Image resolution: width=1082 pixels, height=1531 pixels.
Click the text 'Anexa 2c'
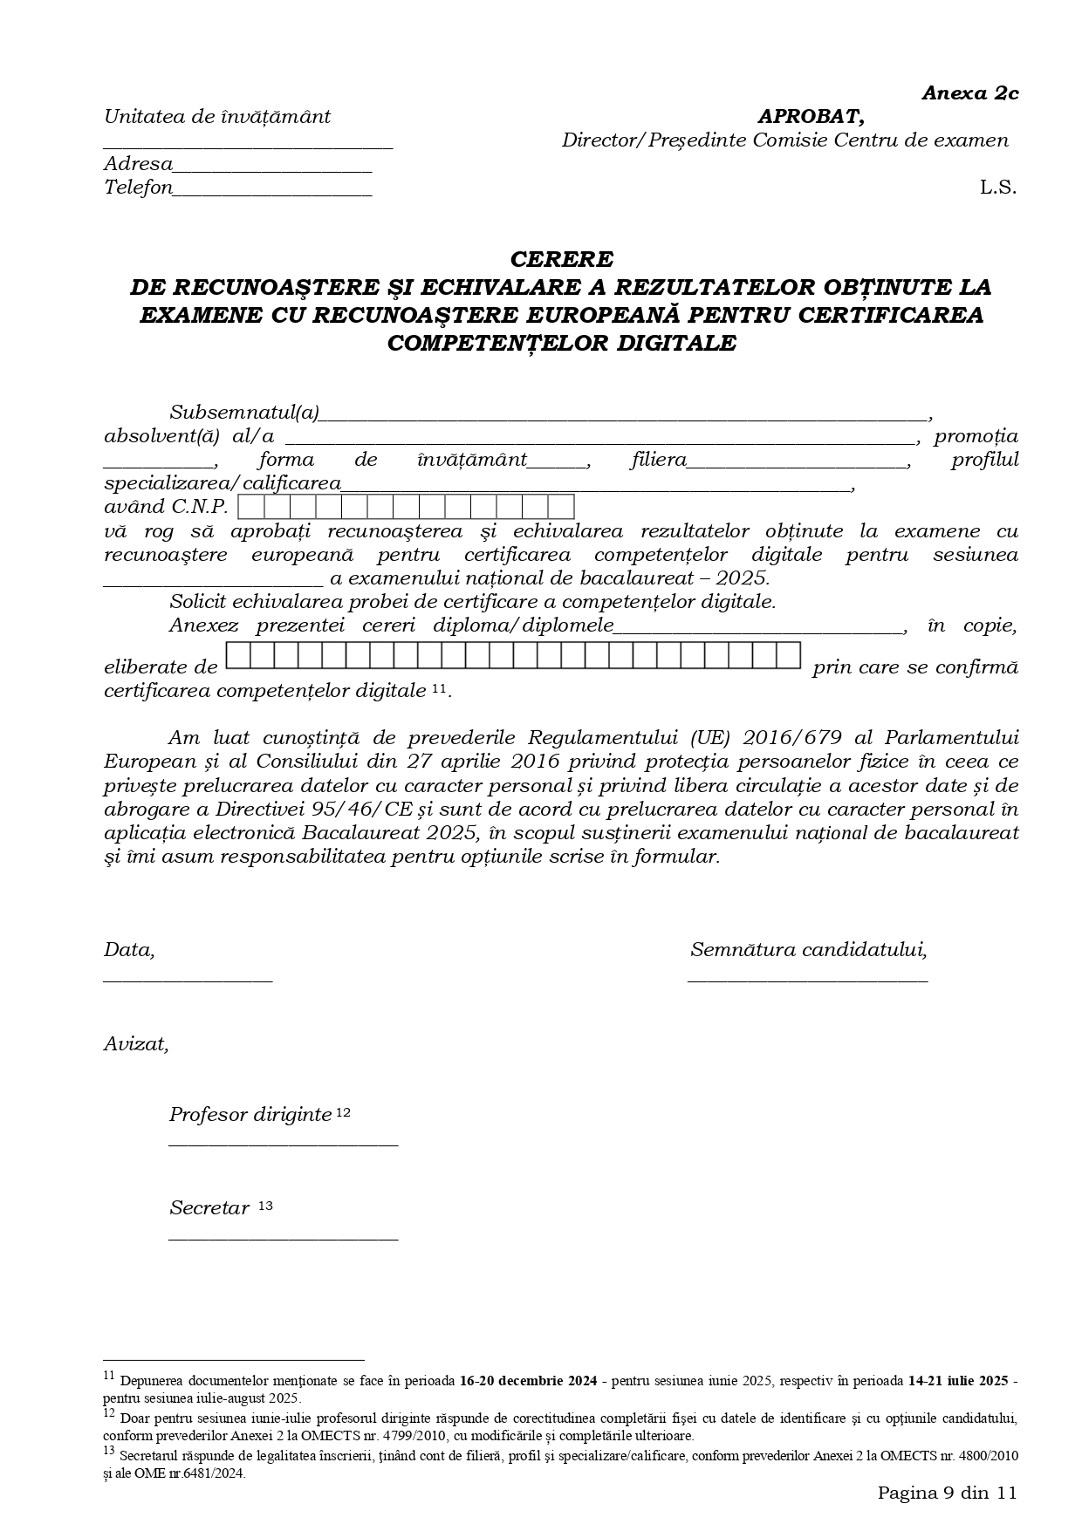969,93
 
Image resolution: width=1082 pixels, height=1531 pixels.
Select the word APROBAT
810,116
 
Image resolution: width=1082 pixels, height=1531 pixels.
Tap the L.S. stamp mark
997,187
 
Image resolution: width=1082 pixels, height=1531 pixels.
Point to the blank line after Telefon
272,195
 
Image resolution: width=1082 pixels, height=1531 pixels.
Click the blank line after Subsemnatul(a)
623,419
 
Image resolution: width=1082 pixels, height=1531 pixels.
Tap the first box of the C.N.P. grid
250,507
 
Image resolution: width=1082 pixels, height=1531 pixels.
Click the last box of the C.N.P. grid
561,507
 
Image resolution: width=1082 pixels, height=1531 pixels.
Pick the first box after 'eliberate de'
238,655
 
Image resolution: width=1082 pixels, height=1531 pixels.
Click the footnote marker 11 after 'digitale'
439,689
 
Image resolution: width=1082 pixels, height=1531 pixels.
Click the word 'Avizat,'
136,1043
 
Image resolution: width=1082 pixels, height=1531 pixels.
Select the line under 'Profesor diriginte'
283,1144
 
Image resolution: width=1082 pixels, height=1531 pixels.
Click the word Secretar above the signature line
209,1208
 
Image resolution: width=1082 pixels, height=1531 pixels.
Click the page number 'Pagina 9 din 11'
947,1492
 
